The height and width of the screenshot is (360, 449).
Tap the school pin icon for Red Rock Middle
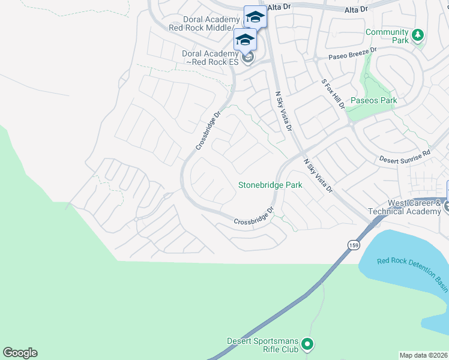(255, 17)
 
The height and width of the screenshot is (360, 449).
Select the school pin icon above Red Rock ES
(245, 40)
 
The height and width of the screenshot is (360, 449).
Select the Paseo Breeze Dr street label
(352, 55)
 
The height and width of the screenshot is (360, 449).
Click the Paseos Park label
(373, 101)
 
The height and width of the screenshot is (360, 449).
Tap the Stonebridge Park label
(270, 185)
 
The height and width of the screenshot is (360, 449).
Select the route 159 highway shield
(353, 245)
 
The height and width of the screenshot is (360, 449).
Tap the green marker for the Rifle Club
(307, 344)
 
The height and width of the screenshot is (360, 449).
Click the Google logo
(20, 353)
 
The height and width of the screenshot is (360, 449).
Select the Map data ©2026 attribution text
(424, 355)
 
